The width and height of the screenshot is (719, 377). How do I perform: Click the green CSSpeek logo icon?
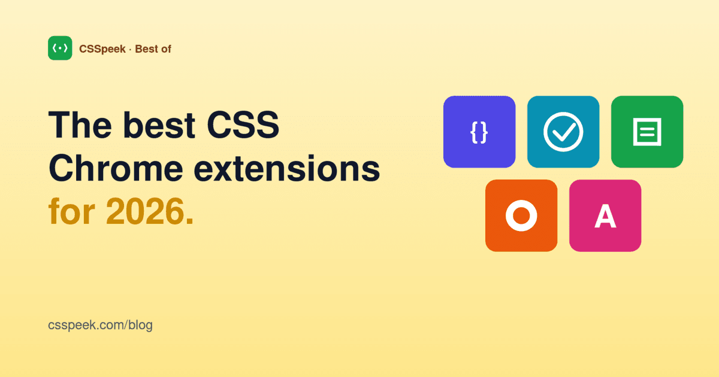pos(60,48)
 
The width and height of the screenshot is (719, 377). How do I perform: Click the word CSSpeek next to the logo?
pos(102,49)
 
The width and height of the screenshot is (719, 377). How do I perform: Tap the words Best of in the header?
pos(153,49)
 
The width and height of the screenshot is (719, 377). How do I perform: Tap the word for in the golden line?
pos(72,212)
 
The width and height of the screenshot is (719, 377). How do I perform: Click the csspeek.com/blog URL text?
pos(100,326)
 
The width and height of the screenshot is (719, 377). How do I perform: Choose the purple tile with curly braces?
pos(479,132)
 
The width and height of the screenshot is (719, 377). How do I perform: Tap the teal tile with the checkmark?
pos(563,132)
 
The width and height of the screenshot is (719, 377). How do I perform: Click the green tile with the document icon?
pos(647,132)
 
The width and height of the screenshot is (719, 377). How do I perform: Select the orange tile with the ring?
pos(521,215)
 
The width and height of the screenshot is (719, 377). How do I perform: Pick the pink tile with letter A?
pos(605,215)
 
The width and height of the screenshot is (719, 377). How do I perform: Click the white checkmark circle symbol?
pos(563,132)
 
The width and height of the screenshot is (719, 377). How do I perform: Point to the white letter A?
pos(605,216)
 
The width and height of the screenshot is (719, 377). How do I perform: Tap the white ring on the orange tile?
pos(521,215)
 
